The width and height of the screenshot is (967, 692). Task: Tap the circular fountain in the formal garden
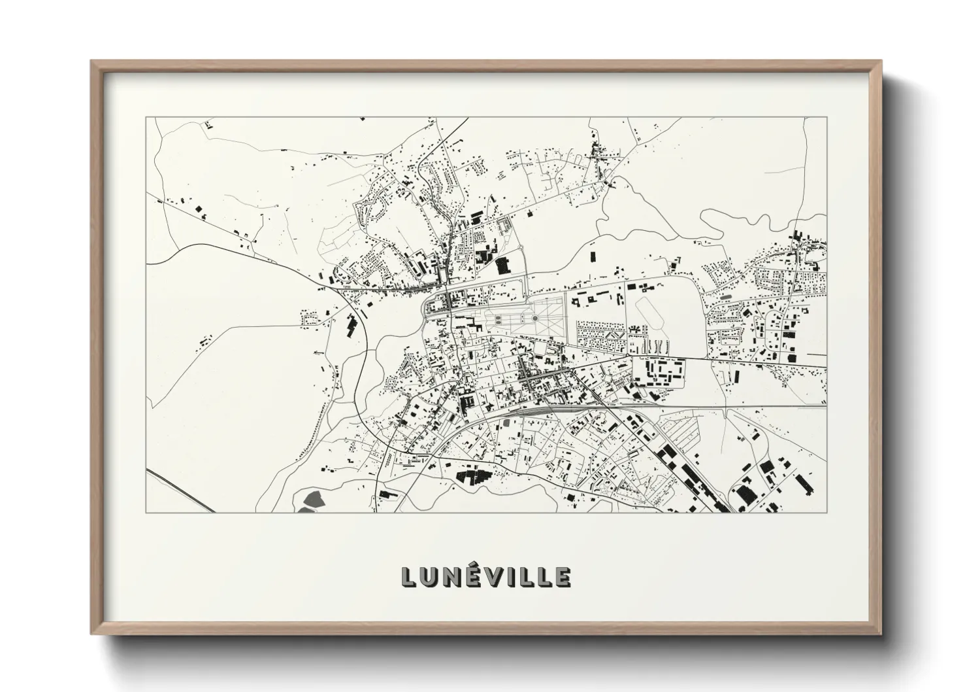[x=534, y=319]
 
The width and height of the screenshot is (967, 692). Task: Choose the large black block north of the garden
[x=502, y=266]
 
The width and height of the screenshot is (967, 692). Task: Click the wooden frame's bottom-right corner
[x=881, y=634]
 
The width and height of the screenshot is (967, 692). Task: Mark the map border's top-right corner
[x=827, y=118]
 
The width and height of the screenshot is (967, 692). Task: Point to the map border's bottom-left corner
[x=146, y=512]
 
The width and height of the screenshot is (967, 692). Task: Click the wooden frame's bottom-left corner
[x=92, y=634]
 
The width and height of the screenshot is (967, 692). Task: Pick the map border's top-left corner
[x=146, y=118]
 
